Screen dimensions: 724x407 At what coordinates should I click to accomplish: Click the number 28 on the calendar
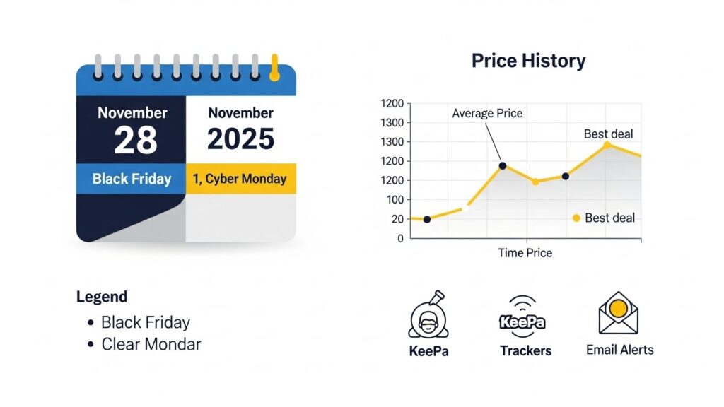pyautogui.click(x=135, y=141)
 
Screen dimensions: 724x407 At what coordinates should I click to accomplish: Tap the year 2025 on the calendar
pyautogui.click(x=240, y=139)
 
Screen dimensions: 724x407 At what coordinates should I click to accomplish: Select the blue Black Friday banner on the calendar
pyautogui.click(x=131, y=179)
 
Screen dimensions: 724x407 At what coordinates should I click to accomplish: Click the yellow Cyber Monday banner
pyautogui.click(x=241, y=179)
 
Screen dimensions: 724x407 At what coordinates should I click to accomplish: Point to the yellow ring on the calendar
pyautogui.click(x=275, y=68)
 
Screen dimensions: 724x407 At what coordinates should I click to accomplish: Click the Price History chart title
pyautogui.click(x=528, y=61)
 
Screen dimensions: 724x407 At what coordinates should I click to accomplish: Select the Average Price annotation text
pyautogui.click(x=487, y=114)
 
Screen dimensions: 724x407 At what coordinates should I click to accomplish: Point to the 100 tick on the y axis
pyautogui.click(x=395, y=200)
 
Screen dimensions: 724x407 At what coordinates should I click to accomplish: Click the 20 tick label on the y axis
pyautogui.click(x=397, y=219)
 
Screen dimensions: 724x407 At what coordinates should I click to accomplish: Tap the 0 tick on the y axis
pyautogui.click(x=400, y=239)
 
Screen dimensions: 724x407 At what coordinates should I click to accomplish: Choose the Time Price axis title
pyautogui.click(x=525, y=253)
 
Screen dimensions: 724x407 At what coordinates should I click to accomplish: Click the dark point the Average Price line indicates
pyautogui.click(x=503, y=165)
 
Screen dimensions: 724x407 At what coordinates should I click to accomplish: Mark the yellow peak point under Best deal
pyautogui.click(x=607, y=146)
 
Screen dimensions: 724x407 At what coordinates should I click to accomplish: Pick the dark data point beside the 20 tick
pyautogui.click(x=427, y=220)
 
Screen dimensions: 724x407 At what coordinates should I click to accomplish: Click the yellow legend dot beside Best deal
pyautogui.click(x=576, y=218)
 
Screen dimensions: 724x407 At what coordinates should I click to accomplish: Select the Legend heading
pyautogui.click(x=102, y=297)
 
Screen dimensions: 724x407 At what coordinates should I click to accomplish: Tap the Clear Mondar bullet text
pyautogui.click(x=151, y=344)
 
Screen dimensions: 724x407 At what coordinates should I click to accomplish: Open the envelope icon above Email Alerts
pyautogui.click(x=618, y=313)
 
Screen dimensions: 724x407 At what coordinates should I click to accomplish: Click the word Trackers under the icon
pyautogui.click(x=525, y=350)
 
